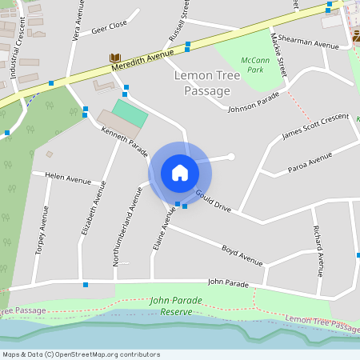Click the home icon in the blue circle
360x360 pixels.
click(x=180, y=172)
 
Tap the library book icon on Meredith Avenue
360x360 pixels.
click(x=114, y=58)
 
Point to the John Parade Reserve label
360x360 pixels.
click(x=176, y=306)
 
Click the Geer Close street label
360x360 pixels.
click(x=110, y=28)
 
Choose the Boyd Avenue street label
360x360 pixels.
click(x=242, y=254)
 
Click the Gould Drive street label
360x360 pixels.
click(x=214, y=201)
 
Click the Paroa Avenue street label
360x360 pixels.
click(x=309, y=162)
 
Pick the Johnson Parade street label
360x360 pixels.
click(x=254, y=102)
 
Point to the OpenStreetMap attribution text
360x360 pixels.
click(x=81, y=354)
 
